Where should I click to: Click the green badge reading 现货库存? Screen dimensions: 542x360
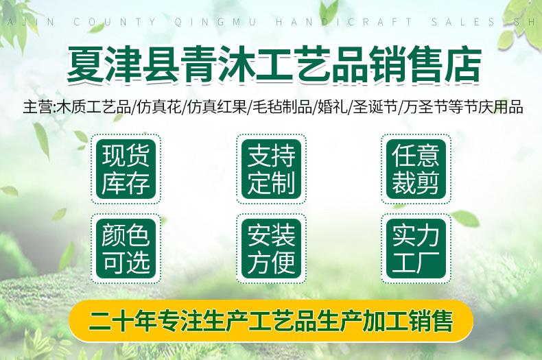click(x=126, y=169)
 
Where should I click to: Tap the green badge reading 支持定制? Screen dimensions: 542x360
click(x=271, y=169)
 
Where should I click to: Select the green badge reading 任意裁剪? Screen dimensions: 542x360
click(x=416, y=169)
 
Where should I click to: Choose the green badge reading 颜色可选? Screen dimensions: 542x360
click(x=126, y=248)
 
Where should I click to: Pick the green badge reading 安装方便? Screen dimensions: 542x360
click(x=271, y=248)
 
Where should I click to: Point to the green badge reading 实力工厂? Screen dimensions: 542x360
click(x=416, y=248)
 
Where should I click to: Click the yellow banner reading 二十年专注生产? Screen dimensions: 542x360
click(x=271, y=321)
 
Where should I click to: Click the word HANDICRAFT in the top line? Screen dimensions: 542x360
click(x=344, y=22)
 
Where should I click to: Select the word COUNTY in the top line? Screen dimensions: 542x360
click(x=115, y=22)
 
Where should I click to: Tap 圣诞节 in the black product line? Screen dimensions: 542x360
click(x=375, y=107)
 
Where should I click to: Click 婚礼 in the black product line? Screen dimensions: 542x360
click(x=332, y=107)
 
